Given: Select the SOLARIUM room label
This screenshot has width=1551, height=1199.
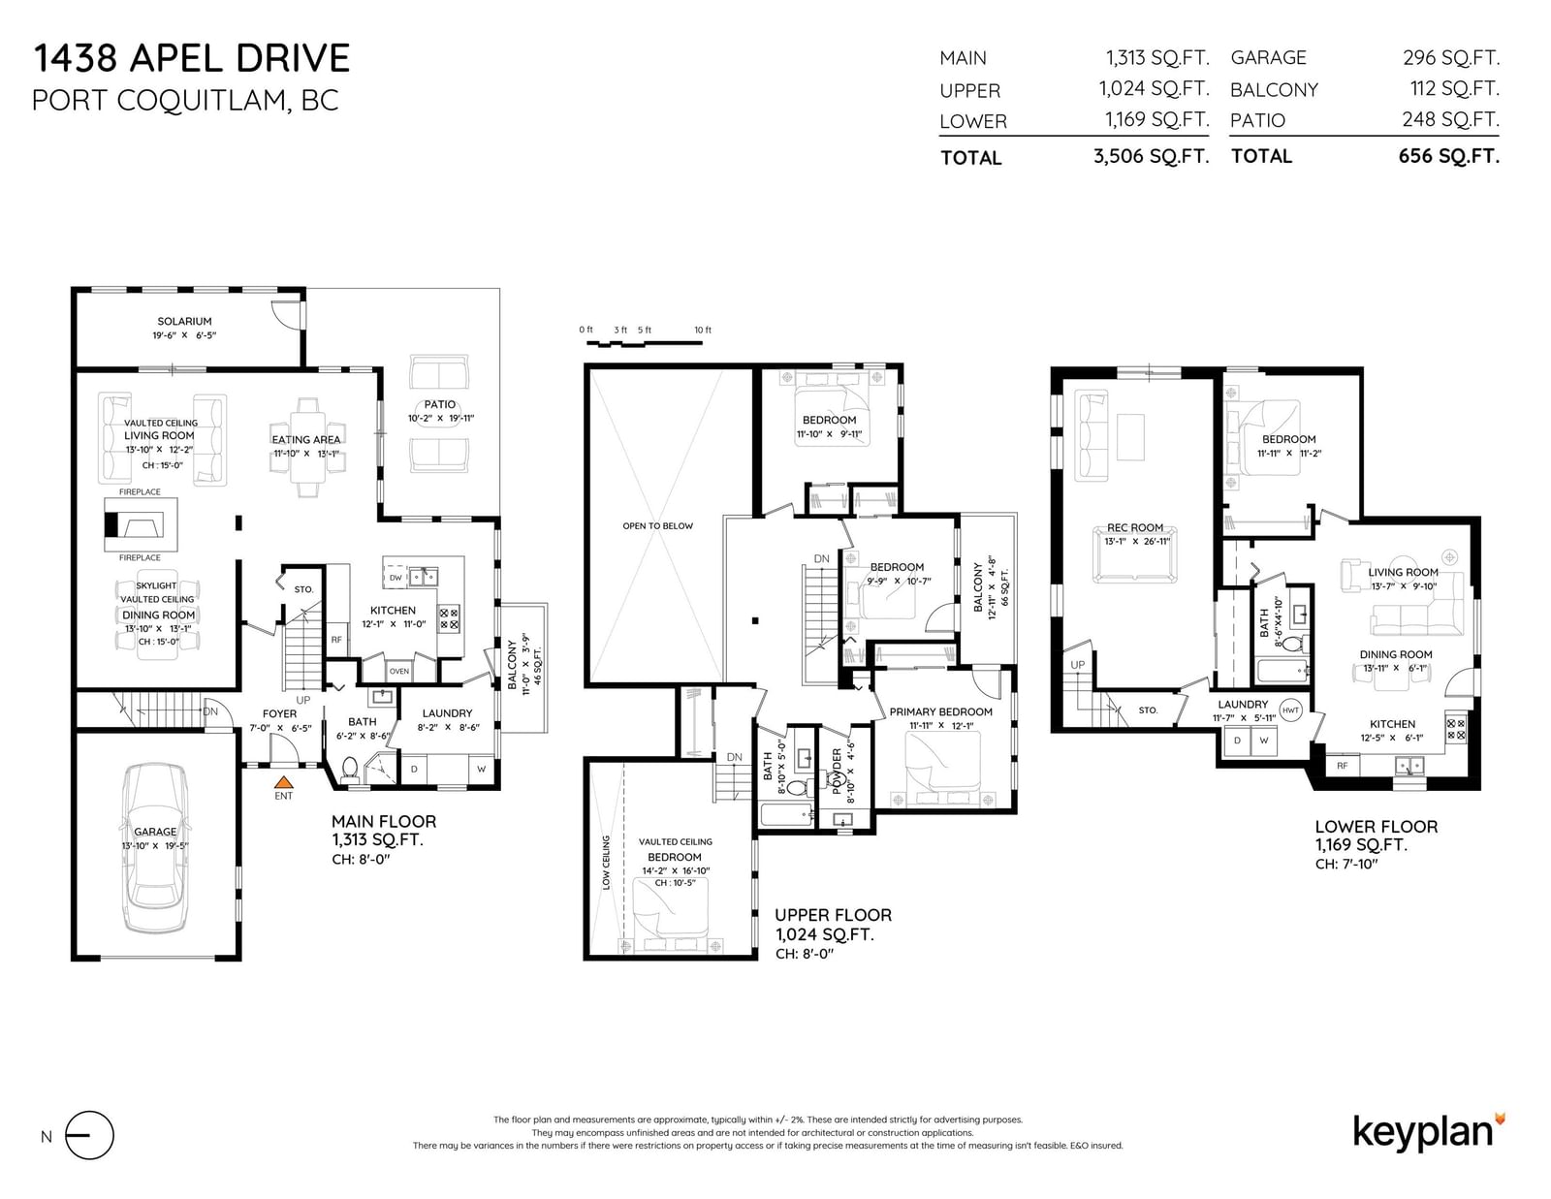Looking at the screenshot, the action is pyautogui.click(x=184, y=321).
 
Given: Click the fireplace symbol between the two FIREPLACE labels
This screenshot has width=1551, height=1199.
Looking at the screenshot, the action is pyautogui.click(x=141, y=524).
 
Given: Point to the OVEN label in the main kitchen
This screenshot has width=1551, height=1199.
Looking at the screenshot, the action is pyautogui.click(x=399, y=671).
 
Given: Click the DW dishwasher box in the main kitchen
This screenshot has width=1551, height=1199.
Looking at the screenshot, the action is pyautogui.click(x=396, y=578).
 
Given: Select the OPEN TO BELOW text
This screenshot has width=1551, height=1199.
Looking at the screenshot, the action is pyautogui.click(x=657, y=526).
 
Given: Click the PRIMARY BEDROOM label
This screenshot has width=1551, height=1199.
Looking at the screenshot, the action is pyautogui.click(x=940, y=711).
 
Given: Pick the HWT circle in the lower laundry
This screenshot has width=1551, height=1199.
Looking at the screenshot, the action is pyautogui.click(x=1290, y=710).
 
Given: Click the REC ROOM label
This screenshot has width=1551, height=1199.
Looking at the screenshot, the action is pyautogui.click(x=1135, y=527).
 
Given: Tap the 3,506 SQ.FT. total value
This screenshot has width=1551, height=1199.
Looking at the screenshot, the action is pyautogui.click(x=1152, y=156).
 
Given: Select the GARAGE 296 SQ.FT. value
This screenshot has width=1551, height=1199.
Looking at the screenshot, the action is pyautogui.click(x=1451, y=57).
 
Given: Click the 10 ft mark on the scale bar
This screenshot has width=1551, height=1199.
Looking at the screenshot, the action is pyautogui.click(x=703, y=330).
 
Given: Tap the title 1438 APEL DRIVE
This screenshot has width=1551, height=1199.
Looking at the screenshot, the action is pyautogui.click(x=191, y=58).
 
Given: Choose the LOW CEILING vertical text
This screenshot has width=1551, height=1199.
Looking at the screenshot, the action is pyautogui.click(x=606, y=862).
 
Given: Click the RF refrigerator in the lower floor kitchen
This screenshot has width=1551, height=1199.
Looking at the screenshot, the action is pyautogui.click(x=1342, y=766).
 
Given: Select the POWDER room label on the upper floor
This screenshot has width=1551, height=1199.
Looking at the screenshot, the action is pyautogui.click(x=837, y=771).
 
